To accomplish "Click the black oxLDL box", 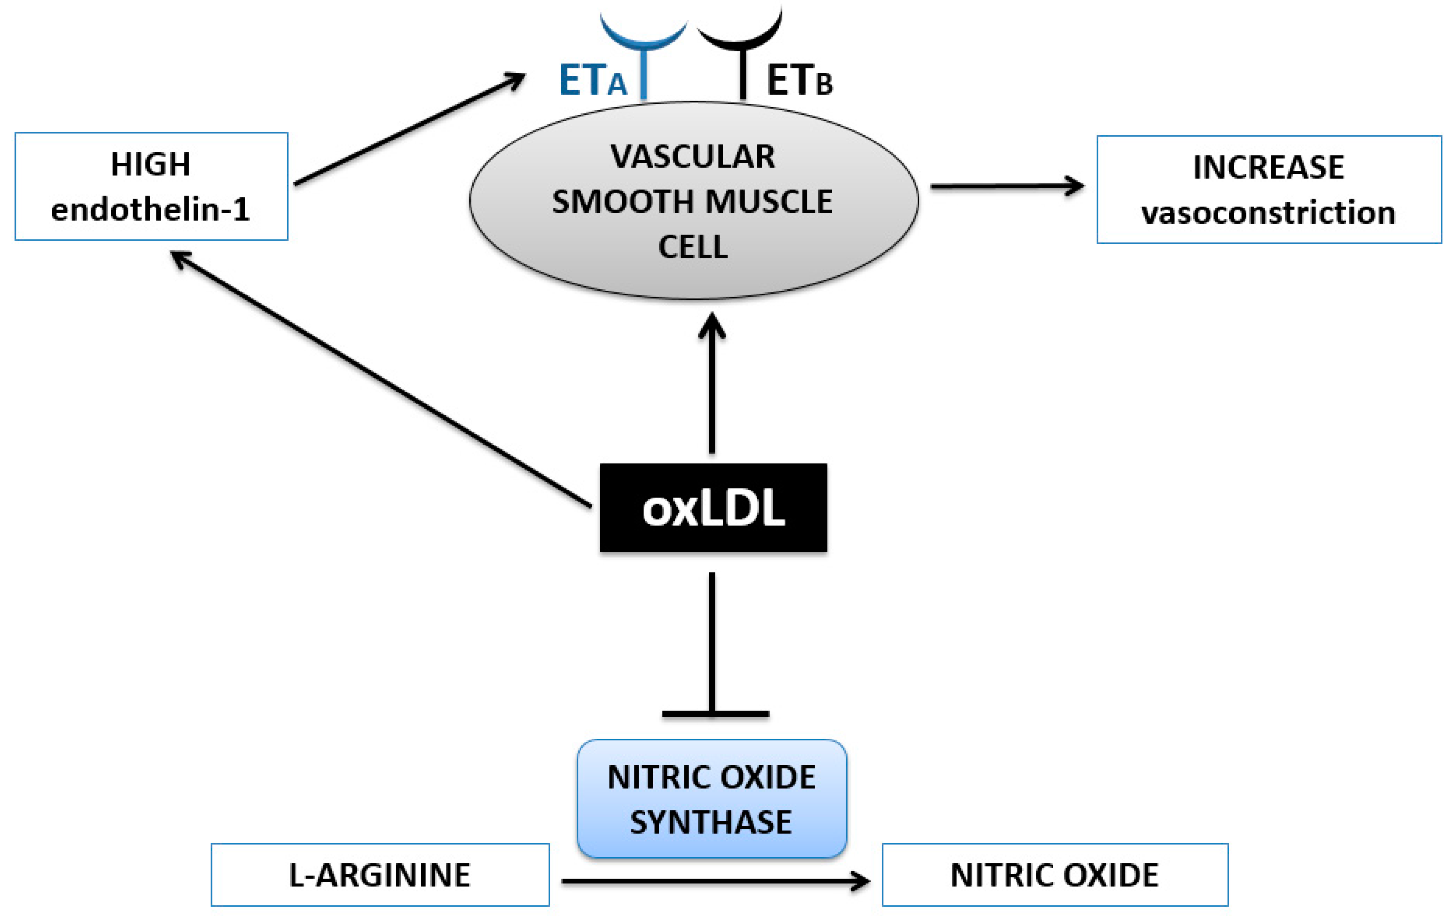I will click(x=713, y=508).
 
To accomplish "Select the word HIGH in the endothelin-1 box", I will click(x=151, y=164).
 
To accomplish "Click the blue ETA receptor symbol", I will click(x=643, y=48).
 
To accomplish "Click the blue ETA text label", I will click(x=593, y=80).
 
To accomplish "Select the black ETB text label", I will click(x=799, y=80).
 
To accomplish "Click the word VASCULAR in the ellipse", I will click(x=693, y=157).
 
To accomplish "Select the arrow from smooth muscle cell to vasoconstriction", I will click(x=1007, y=186).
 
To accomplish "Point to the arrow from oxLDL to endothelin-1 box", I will click(x=381, y=379).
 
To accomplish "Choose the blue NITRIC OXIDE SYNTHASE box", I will click(x=712, y=799).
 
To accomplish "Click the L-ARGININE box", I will click(x=380, y=875).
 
